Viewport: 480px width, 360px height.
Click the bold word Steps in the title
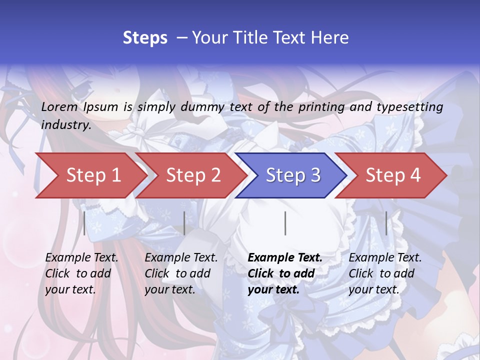point(145,38)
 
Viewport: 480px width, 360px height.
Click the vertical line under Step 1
point(84,223)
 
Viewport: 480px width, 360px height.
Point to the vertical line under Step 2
point(184,223)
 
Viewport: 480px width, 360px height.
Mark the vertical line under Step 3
point(285,223)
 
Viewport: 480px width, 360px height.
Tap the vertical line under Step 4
point(386,223)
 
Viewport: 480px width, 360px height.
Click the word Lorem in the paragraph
point(59,107)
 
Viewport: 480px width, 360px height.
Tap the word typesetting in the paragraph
point(409,107)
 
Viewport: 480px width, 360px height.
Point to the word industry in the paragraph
point(66,125)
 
